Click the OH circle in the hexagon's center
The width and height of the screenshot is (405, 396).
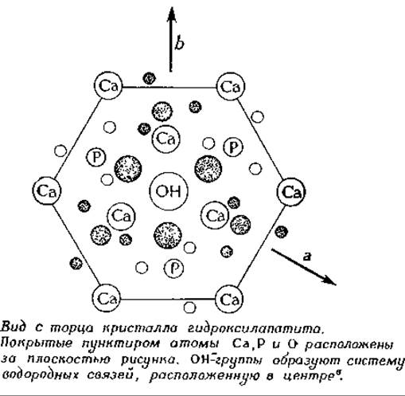169,191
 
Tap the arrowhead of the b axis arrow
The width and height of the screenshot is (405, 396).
172,15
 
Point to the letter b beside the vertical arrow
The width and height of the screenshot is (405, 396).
179,42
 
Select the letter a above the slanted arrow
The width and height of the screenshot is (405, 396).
306,257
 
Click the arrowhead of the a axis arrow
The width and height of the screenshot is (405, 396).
329,280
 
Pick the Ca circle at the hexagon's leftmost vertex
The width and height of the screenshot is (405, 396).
47,191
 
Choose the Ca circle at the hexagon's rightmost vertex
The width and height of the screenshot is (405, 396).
291,192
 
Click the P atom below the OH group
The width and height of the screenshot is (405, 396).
173,269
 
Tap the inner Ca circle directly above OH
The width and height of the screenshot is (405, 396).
166,139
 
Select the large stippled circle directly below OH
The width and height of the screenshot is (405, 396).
168,235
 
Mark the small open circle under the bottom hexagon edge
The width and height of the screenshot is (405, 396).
189,308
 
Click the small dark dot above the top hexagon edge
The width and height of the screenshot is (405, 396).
149,78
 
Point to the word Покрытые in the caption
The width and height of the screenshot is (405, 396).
37,343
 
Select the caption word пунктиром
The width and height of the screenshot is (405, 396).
121,344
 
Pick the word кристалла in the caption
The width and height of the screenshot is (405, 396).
140,329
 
